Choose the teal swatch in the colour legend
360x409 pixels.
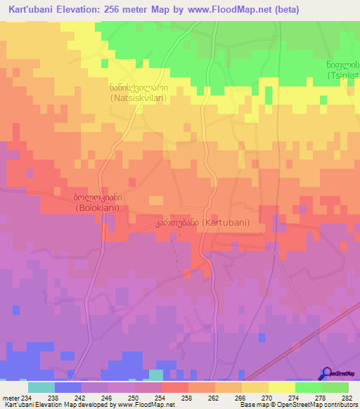pyautogui.click(x=41, y=387)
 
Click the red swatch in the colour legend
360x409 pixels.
pyautogui.click(x=174, y=387)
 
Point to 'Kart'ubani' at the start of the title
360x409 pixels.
pyautogui.click(x=33, y=10)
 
